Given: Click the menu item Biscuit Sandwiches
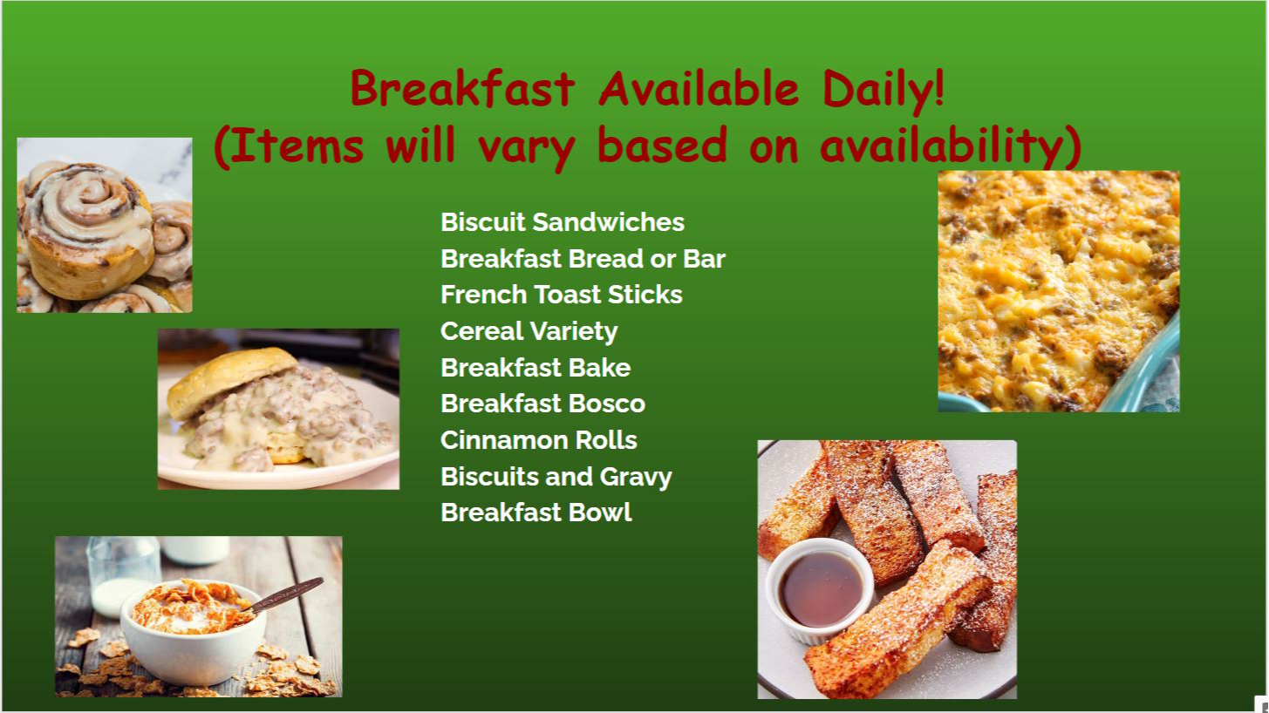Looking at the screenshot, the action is pyautogui.click(x=563, y=222).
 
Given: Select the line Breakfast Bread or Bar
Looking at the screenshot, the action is pyautogui.click(x=583, y=259).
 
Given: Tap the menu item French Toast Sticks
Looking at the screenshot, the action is pyautogui.click(x=562, y=295).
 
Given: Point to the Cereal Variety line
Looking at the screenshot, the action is pyautogui.click(x=529, y=332).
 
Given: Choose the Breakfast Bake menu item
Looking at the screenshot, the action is pyautogui.click(x=536, y=368).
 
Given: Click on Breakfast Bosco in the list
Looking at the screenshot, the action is pyautogui.click(x=542, y=404).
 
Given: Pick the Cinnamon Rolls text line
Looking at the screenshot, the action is pyautogui.click(x=539, y=440).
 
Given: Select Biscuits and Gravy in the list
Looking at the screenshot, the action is pyautogui.click(x=556, y=477).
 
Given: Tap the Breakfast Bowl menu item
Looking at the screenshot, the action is pyautogui.click(x=536, y=513).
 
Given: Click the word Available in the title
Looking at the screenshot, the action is pyautogui.click(x=699, y=88).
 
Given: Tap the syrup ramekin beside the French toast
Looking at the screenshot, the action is pyautogui.click(x=820, y=589).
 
